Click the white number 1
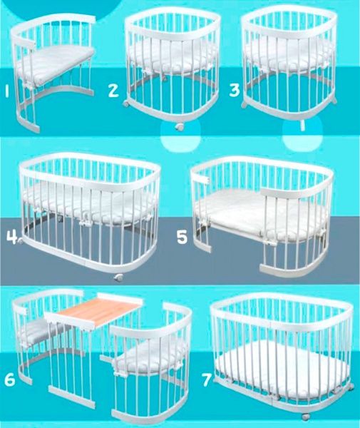tap(7, 91)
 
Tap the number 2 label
tap(113, 90)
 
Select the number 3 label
tap(235, 90)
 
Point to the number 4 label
tap(11, 238)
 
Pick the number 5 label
tap(182, 237)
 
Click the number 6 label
tap(10, 379)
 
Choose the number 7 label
tap(207, 379)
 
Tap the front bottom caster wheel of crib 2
tap(180, 127)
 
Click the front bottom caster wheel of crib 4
tap(118, 278)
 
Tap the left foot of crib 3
tap(245, 105)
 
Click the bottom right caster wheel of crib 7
tap(305, 417)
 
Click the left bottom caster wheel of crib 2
tap(125, 104)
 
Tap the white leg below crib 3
tap(302, 125)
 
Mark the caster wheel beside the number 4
tap(21, 240)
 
